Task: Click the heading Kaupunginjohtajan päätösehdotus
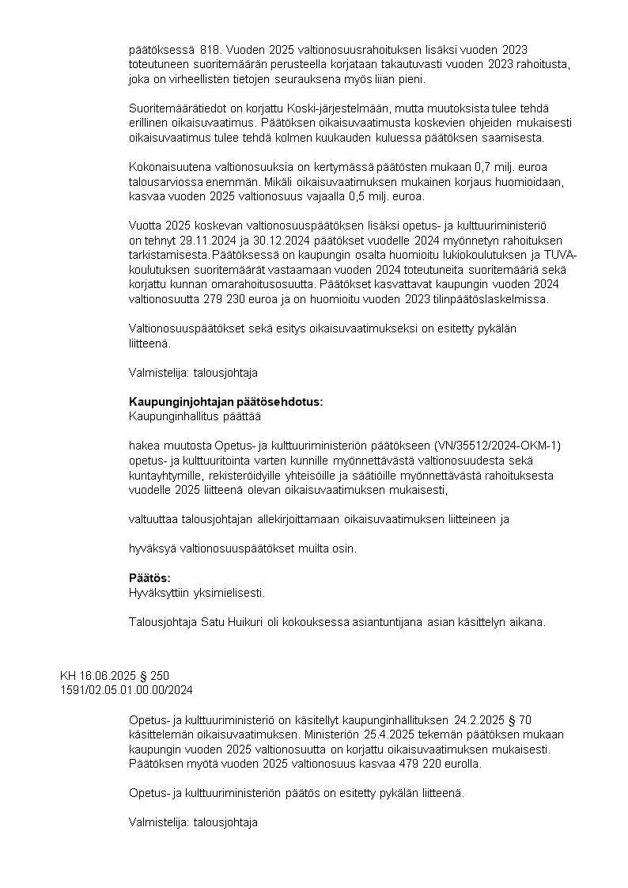click(x=226, y=402)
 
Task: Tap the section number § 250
click(x=153, y=676)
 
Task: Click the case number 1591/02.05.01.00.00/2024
click(x=127, y=690)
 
